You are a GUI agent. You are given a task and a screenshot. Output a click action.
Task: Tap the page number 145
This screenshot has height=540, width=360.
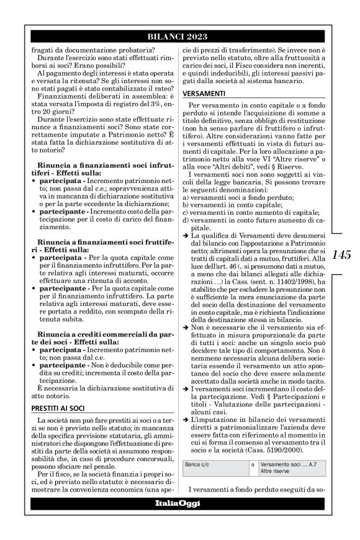coord(343,254)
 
